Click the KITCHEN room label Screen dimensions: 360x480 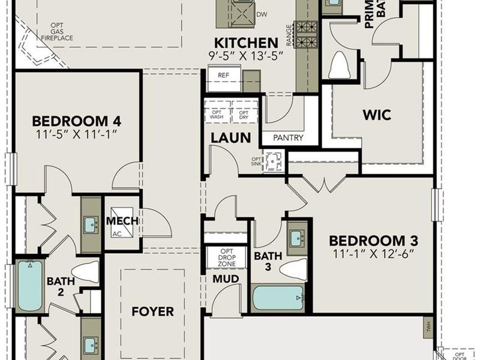[x=246, y=43]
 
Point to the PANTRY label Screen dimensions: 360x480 [x=288, y=138]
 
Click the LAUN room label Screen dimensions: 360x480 [x=230, y=137]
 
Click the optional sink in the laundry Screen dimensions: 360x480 [x=274, y=162]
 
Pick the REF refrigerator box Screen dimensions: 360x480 [x=223, y=76]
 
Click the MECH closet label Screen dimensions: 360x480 [x=122, y=221]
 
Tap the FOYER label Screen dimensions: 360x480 [x=153, y=312]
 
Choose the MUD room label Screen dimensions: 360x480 [x=226, y=279]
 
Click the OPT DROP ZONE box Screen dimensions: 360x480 [x=226, y=257]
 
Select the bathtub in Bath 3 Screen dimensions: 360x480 [x=278, y=298]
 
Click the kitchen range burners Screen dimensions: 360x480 [x=308, y=34]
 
